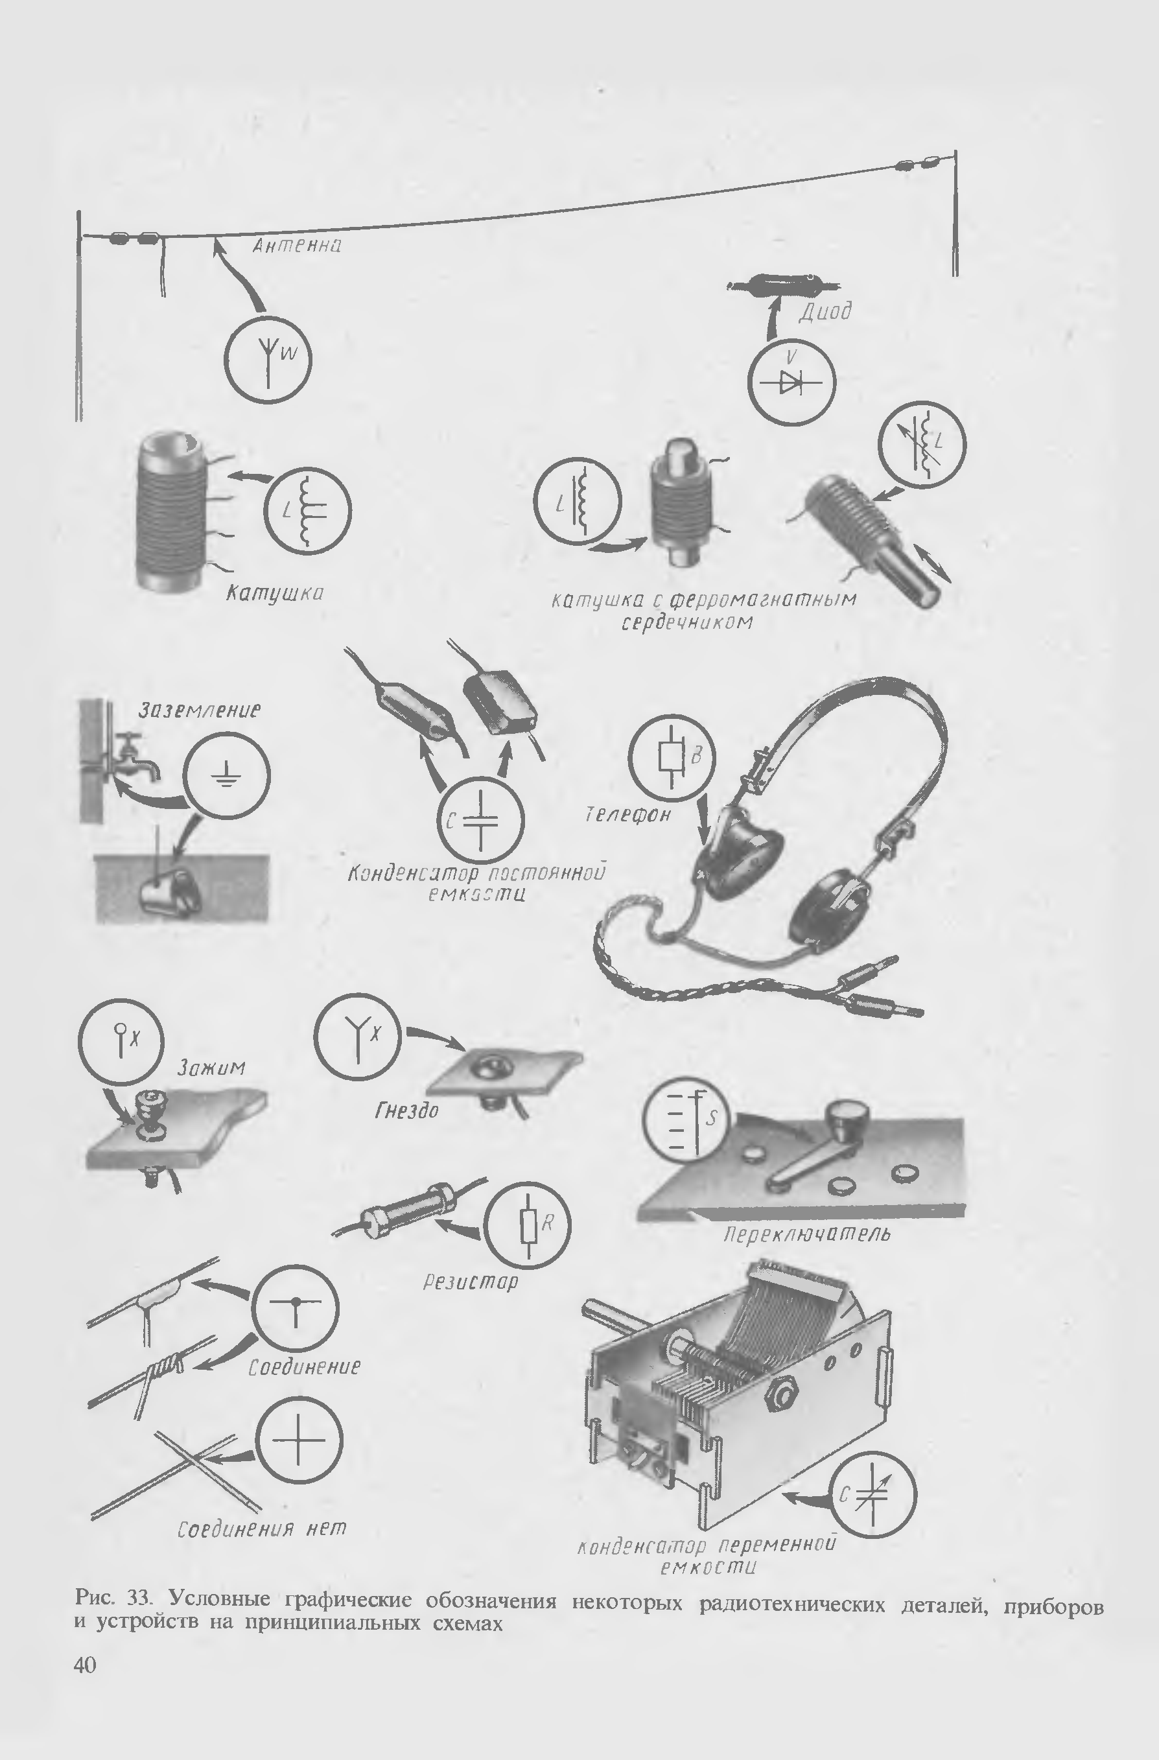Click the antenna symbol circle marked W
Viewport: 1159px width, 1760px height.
coord(268,359)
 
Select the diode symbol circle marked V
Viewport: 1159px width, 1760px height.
coord(791,382)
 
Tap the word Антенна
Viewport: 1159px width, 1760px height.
coord(297,246)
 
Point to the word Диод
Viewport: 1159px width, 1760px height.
coord(825,311)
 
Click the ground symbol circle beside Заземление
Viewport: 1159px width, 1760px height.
coord(226,775)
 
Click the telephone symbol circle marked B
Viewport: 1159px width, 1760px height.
coord(672,758)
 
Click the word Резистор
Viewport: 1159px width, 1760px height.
coord(471,1282)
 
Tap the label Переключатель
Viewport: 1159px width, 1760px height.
coord(807,1234)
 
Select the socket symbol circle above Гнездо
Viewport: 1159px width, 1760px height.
coord(357,1035)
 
